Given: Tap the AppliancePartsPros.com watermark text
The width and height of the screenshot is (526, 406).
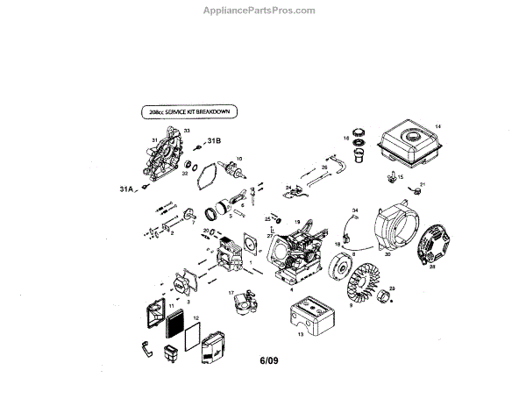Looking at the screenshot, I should coord(263,11).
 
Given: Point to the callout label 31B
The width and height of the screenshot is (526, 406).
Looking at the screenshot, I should coord(213,141).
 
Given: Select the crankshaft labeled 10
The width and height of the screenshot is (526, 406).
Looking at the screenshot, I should coord(236,174).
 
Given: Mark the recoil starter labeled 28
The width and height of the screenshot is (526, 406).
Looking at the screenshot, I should coord(432,248).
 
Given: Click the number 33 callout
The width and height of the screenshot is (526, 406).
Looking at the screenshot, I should coord(186,130).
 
